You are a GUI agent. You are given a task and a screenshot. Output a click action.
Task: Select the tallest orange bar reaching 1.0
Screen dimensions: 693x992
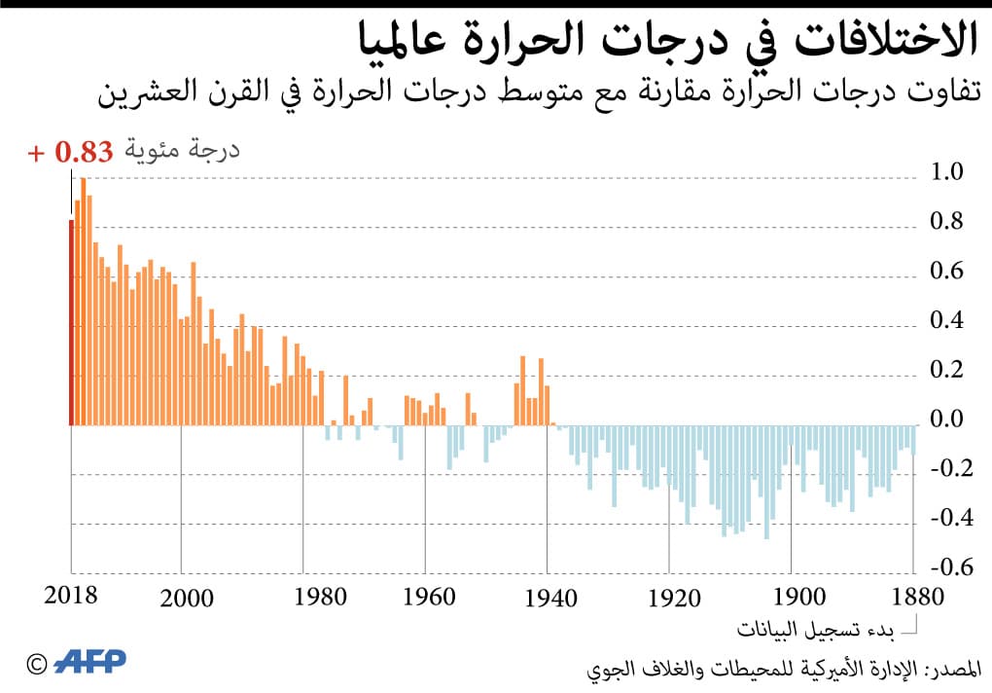(x=84, y=302)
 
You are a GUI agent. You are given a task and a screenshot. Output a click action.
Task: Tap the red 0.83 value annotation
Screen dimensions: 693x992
(x=85, y=152)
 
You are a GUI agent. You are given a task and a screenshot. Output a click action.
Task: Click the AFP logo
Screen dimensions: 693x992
(x=90, y=663)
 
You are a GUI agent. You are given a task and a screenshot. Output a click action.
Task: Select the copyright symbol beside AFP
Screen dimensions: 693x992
(x=36, y=664)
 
